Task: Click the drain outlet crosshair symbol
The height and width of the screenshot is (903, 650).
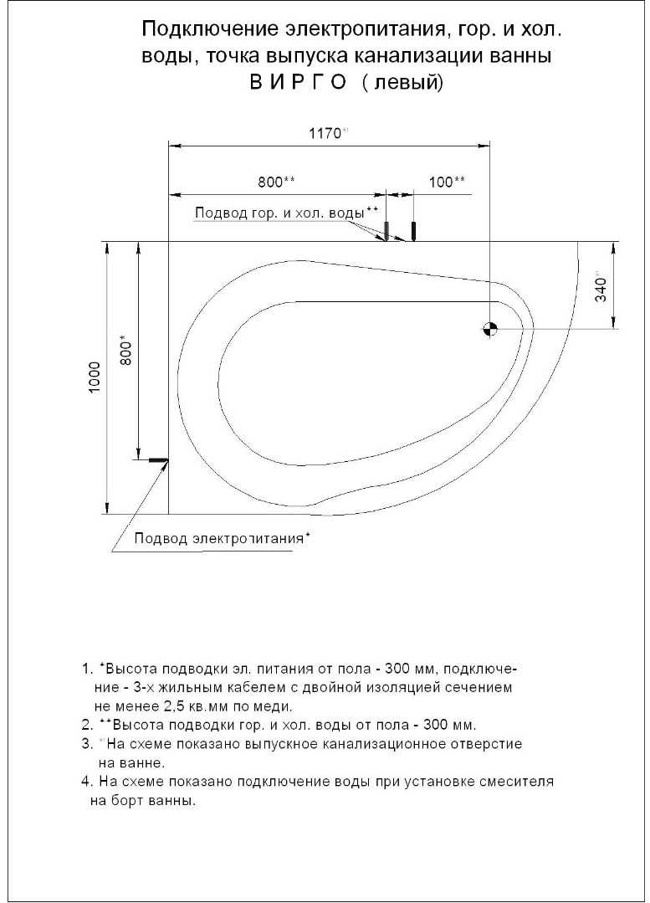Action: (x=489, y=329)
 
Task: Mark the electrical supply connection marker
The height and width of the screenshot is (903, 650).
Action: (x=157, y=459)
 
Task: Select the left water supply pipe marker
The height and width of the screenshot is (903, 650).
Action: (x=386, y=230)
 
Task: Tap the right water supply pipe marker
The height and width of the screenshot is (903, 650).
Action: (x=413, y=230)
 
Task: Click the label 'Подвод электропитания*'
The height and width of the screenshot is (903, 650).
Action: (x=212, y=538)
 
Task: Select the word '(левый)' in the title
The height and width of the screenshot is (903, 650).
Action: (x=402, y=83)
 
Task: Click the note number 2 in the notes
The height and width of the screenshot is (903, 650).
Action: (x=85, y=724)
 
